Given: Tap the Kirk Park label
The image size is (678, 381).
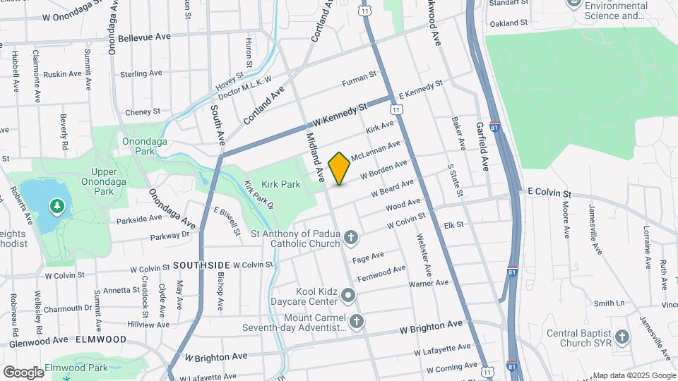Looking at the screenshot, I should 281,184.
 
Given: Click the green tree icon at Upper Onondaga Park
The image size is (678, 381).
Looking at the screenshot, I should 55,206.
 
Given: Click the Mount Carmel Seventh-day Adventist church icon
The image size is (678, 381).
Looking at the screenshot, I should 357,322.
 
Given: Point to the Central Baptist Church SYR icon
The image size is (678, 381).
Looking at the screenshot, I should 621,337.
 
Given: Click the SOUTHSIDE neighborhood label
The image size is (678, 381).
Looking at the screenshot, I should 201,266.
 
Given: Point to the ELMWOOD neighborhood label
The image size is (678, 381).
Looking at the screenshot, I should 102,339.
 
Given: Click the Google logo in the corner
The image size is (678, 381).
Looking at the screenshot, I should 23,372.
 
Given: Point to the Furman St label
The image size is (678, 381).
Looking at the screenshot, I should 360,83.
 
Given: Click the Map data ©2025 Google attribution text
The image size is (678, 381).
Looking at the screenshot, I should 634,375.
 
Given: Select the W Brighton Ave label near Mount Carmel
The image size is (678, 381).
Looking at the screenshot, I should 431,327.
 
